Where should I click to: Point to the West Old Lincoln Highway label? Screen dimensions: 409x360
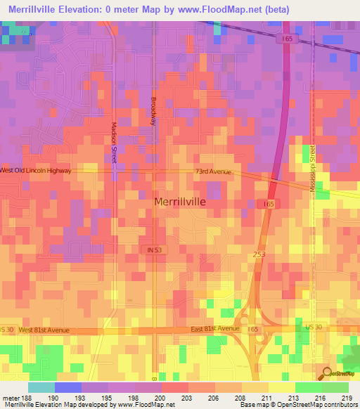pyautogui.click(x=35, y=171)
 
